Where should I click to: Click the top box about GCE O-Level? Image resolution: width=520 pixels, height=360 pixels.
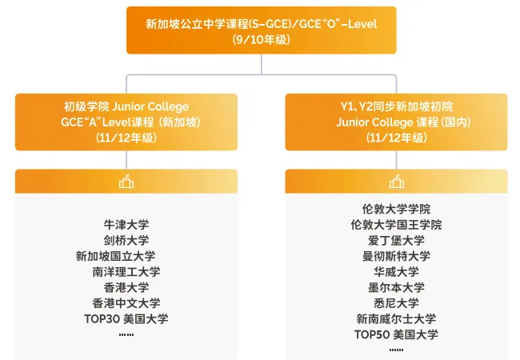261,30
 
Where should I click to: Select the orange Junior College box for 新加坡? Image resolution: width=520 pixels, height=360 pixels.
126,122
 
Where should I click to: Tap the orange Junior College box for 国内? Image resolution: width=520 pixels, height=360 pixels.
396,122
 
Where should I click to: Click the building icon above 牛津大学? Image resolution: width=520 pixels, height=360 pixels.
126,182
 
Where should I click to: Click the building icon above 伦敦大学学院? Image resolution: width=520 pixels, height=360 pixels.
396,182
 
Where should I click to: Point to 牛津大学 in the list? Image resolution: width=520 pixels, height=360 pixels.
126,225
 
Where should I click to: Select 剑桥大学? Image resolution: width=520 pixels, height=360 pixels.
126,240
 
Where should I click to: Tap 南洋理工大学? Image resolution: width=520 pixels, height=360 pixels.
126,272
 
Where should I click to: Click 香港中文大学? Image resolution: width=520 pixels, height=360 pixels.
126,303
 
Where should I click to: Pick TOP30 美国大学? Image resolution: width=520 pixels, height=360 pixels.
126,319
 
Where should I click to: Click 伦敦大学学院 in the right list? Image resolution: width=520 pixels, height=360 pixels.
396,209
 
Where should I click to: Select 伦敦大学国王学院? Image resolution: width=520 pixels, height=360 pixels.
396,225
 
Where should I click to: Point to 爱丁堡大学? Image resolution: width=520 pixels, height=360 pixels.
396,240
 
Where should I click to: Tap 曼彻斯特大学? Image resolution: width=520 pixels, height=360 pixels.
396,256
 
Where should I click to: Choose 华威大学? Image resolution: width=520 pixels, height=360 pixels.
396,272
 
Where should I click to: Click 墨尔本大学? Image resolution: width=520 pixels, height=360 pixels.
396,287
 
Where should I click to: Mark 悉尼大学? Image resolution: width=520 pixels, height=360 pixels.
396,303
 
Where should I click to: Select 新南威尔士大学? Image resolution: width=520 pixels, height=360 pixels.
396,319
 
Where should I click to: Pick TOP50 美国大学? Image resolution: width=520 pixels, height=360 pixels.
396,334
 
